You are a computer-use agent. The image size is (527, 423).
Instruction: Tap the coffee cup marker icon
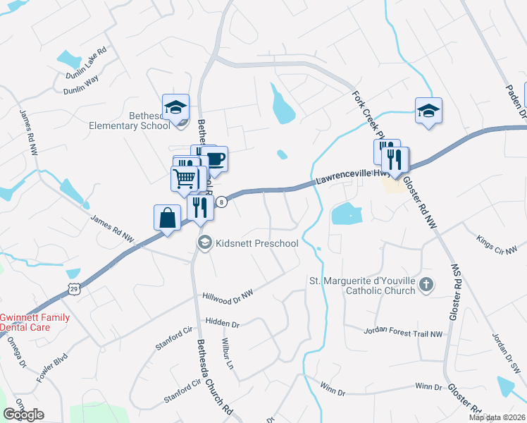click(x=216, y=159)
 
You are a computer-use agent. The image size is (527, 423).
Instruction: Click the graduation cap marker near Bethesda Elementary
click(x=175, y=107)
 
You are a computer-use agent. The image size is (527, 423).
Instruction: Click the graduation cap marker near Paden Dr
click(x=428, y=111)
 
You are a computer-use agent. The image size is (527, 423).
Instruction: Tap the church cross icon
click(x=425, y=284)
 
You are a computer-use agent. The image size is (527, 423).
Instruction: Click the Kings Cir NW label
click(x=497, y=244)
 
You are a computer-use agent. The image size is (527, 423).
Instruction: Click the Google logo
click(x=23, y=415)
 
